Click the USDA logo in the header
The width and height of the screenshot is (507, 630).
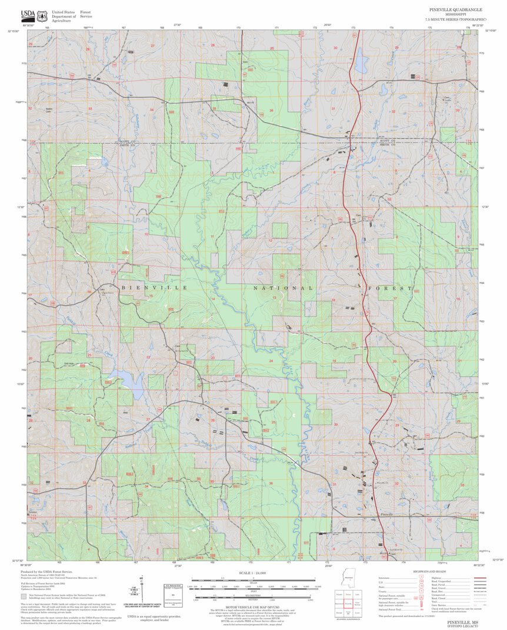pos(28,15)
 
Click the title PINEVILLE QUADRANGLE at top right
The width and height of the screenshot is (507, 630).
pos(455,10)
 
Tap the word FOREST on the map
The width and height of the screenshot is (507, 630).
pos(390,289)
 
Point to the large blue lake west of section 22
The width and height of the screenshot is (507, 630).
pos(129,384)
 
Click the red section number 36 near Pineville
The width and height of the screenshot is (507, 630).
pos(271,483)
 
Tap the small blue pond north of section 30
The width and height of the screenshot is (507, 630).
pos(359,60)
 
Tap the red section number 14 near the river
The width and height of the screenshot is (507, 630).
pos(213,299)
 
